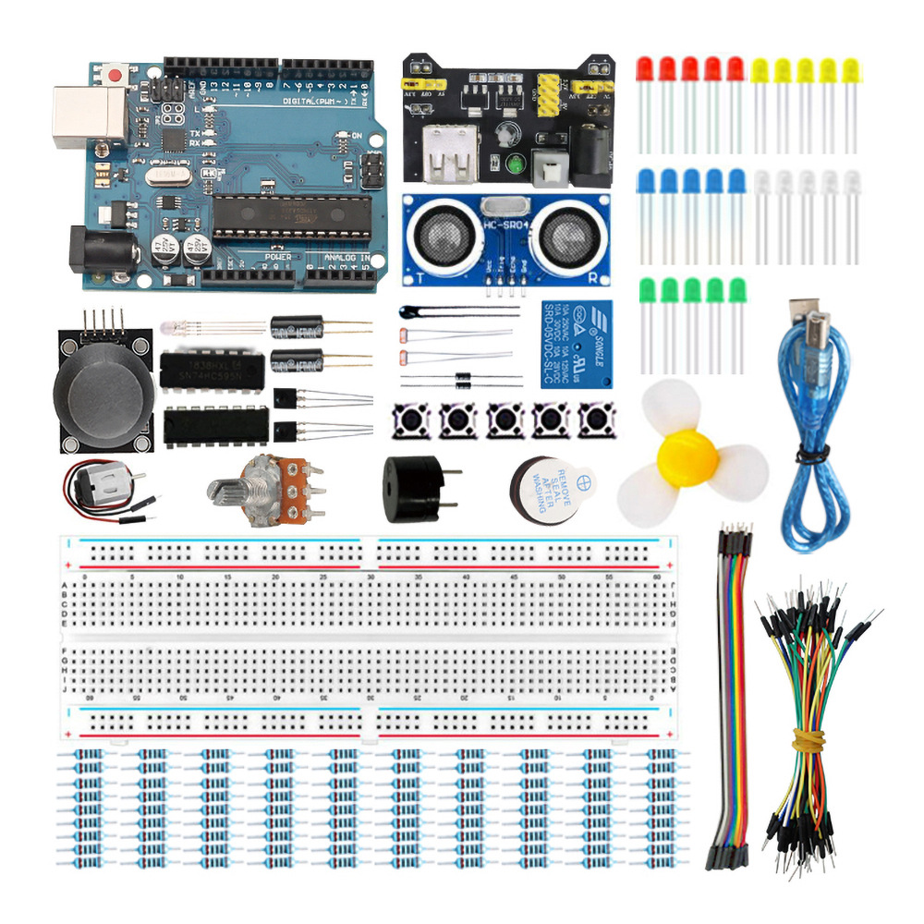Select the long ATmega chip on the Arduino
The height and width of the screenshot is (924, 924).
[292, 218]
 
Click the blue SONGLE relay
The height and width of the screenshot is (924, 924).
[574, 342]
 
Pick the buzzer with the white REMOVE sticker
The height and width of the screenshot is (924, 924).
[552, 491]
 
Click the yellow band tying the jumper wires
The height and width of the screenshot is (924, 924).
[809, 738]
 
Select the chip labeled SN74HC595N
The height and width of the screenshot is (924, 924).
[209, 370]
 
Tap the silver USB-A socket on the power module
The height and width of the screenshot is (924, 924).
[446, 154]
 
